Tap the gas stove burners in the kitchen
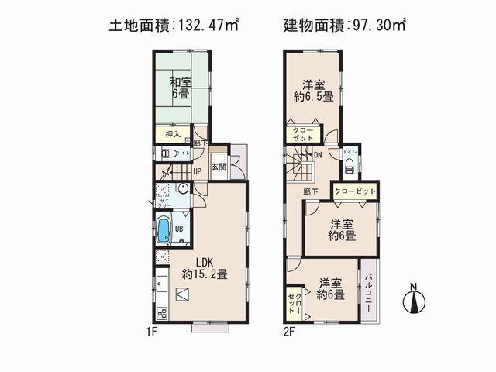[x=162, y=313]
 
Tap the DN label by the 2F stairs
[x=318, y=154]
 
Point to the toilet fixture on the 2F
[x=349, y=166]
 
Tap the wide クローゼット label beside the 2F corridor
[x=355, y=191]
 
